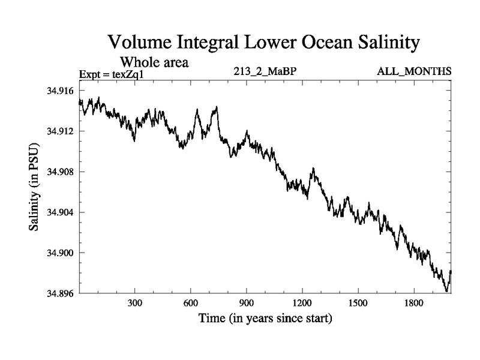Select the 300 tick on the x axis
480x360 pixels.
[135, 303]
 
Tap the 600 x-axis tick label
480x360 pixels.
[191, 303]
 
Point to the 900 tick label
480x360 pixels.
[247, 303]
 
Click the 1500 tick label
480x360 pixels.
[358, 303]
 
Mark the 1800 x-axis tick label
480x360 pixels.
[413, 303]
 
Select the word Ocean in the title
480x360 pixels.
[314, 43]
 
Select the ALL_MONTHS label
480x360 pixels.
[414, 73]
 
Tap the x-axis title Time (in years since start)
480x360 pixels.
[265, 318]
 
